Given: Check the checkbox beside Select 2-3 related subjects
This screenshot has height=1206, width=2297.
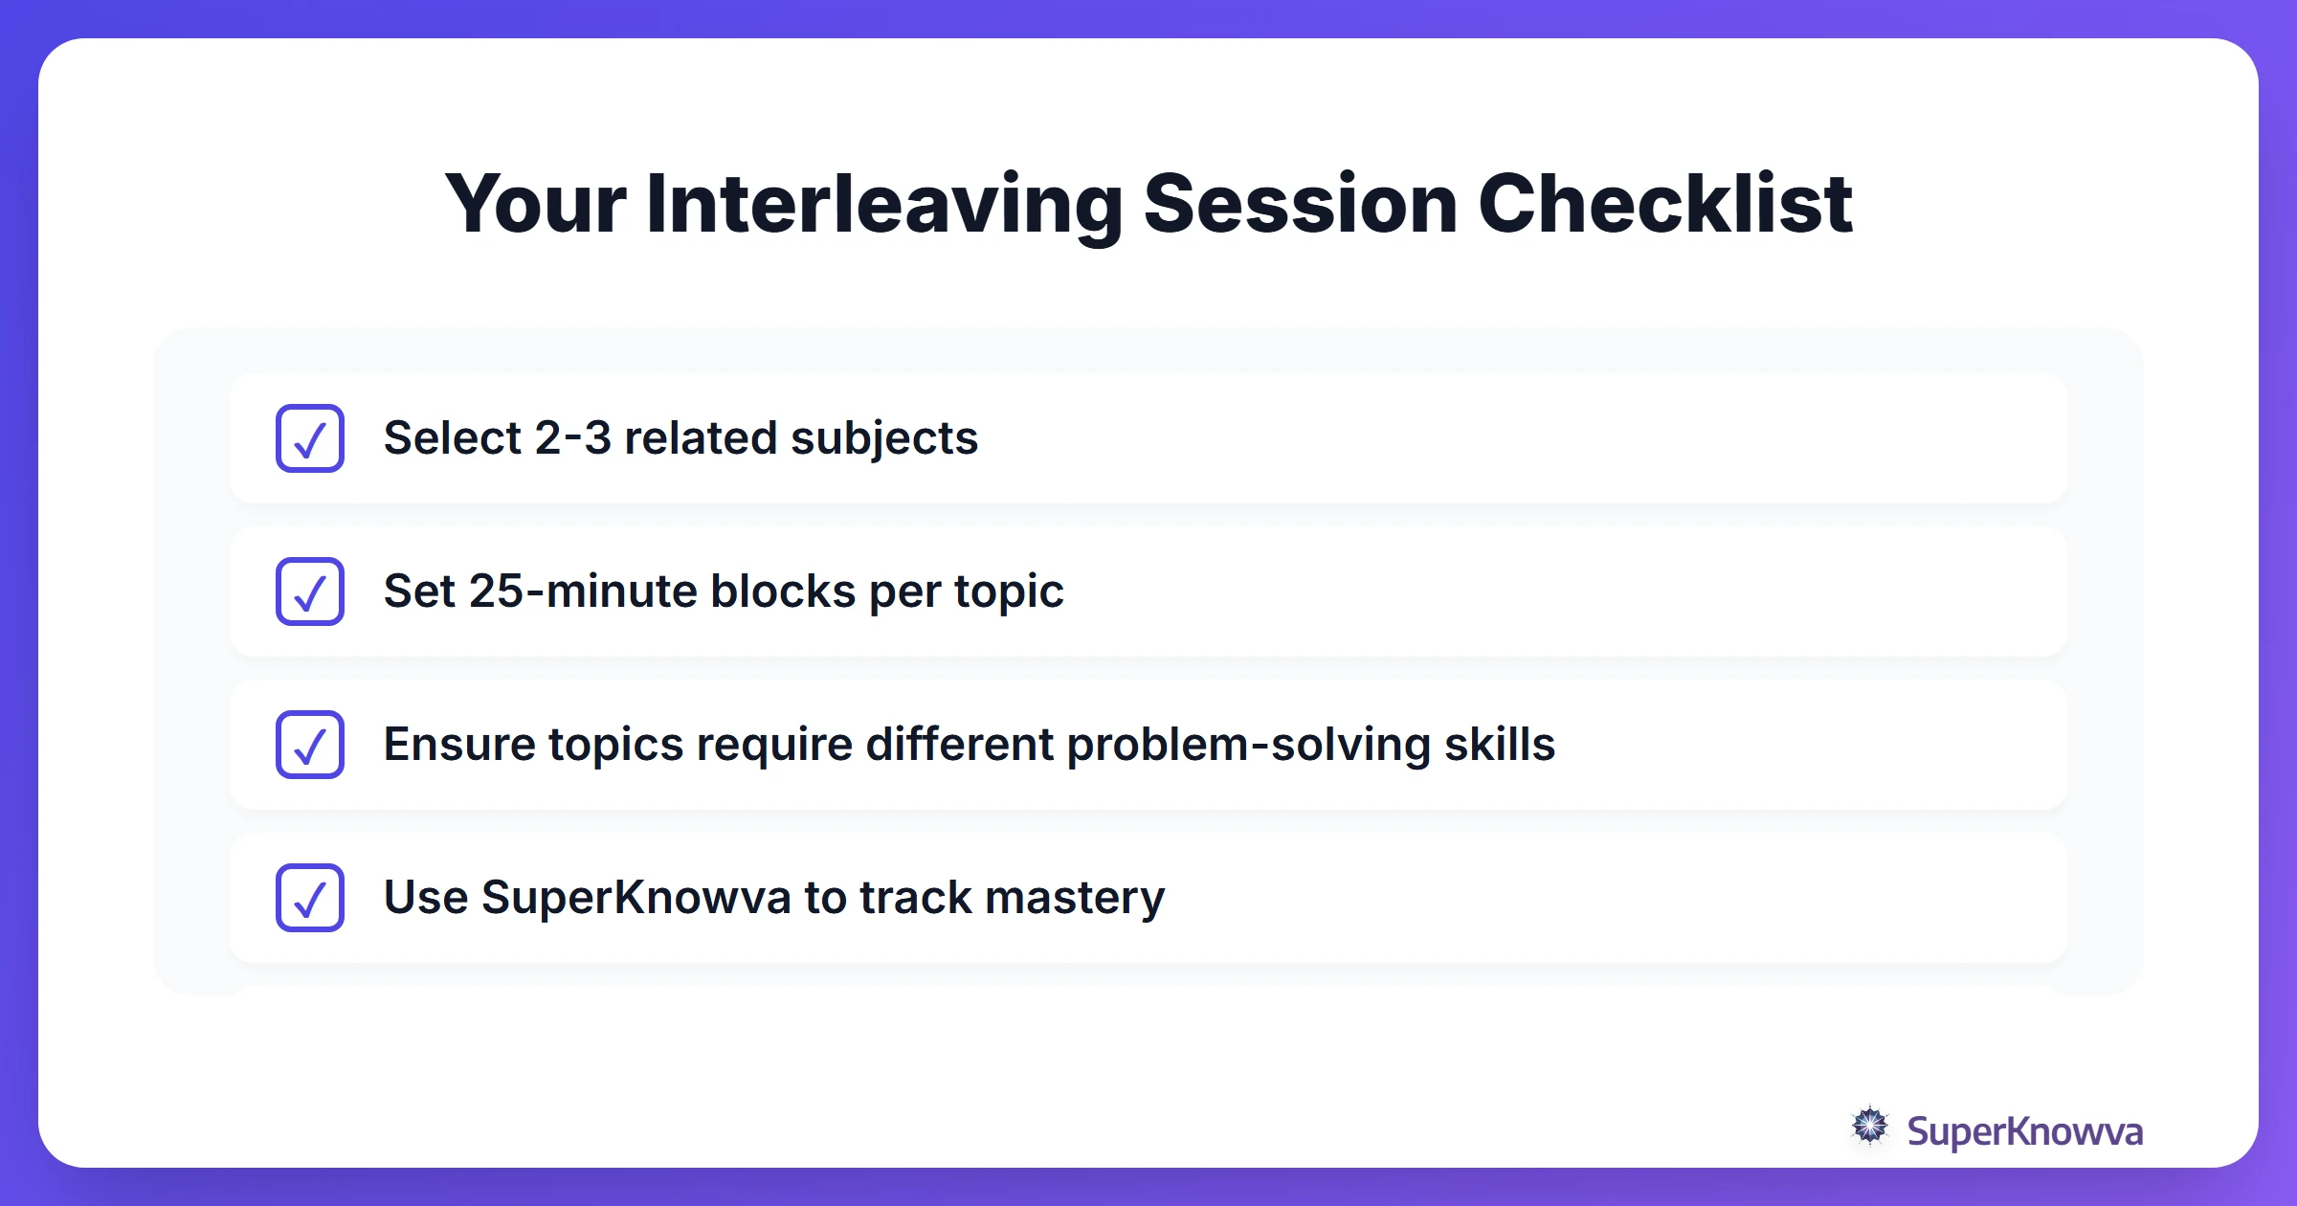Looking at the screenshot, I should pos(310,438).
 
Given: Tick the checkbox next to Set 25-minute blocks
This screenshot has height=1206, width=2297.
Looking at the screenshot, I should pos(310,592).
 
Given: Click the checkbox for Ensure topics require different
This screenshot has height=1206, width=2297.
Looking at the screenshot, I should pos(310,745).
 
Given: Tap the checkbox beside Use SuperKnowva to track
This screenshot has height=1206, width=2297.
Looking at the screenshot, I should pos(310,898).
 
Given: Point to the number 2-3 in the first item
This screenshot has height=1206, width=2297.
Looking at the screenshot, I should pos(572,438).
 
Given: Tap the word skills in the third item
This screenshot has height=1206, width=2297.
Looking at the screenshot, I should pos(1499,745).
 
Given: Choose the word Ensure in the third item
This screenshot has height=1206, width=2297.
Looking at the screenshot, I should pos(458,745).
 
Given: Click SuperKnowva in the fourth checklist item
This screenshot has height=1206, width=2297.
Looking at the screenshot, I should pos(636,899).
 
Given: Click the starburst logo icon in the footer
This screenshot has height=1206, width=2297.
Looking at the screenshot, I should pos(1869,1127).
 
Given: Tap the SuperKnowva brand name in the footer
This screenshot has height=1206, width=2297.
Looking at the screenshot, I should pos(2023,1132).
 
